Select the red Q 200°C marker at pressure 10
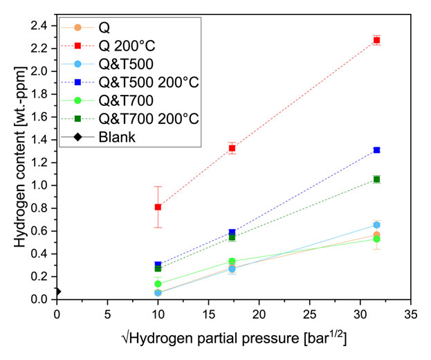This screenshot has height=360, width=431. (x=158, y=206)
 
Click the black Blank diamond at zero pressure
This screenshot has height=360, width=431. (x=57, y=291)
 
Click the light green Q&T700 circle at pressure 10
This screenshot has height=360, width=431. (x=158, y=284)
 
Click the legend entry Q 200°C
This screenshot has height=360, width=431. (x=125, y=46)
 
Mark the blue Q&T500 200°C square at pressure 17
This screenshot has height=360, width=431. (x=232, y=233)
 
